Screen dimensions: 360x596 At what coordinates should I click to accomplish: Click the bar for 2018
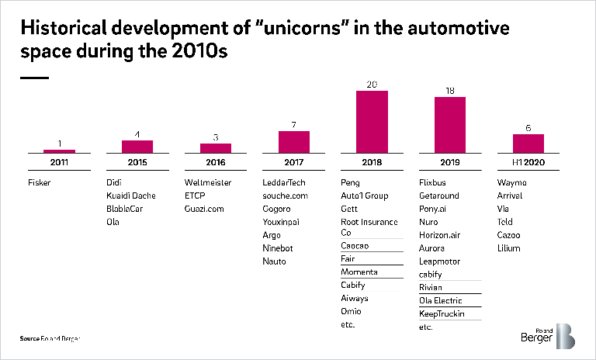[371, 121]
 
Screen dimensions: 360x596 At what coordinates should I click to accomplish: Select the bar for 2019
[449, 124]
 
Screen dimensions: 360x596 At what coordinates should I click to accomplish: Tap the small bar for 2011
[59, 151]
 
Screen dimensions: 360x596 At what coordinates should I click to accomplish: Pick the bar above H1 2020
[528, 143]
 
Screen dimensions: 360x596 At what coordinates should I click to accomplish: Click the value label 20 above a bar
[371, 85]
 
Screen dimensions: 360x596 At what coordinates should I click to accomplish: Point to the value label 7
[293, 125]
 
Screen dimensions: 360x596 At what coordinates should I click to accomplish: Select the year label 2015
[137, 161]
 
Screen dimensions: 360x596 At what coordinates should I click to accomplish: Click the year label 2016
[215, 161]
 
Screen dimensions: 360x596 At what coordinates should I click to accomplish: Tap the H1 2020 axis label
[528, 161]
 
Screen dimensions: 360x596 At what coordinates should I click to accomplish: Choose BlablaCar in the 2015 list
[126, 208]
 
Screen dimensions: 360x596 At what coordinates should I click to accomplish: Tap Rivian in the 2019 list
[431, 287]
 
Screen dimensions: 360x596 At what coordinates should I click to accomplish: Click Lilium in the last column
[508, 247]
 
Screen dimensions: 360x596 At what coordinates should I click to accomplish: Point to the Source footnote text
[50, 339]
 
